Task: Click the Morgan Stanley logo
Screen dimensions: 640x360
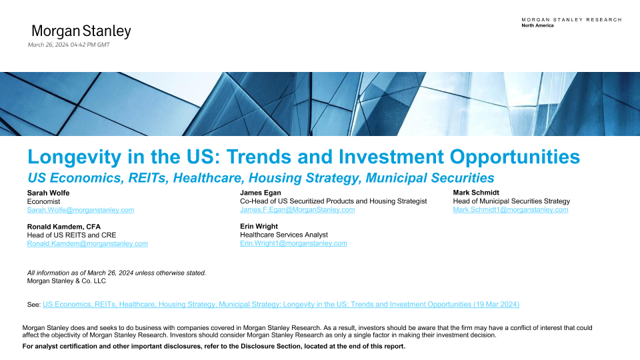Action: pyautogui.click(x=81, y=31)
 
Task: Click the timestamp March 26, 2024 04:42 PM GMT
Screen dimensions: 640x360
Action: pyautogui.click(x=69, y=45)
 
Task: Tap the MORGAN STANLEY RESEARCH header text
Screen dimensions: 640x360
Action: pyautogui.click(x=571, y=19)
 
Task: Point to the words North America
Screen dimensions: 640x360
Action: pyautogui.click(x=537, y=25)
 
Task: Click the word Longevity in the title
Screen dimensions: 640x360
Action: pyautogui.click(x=74, y=157)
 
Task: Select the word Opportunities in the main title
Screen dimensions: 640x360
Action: pyautogui.click(x=515, y=157)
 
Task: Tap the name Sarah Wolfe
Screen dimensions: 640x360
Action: pyautogui.click(x=48, y=193)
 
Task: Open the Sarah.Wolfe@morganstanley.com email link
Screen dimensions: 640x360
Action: pyautogui.click(x=81, y=210)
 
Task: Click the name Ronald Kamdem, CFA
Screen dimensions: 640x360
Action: pyautogui.click(x=64, y=227)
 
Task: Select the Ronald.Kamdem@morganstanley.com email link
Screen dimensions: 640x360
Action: pyautogui.click(x=87, y=244)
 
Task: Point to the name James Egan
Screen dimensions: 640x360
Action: pyautogui.click(x=261, y=193)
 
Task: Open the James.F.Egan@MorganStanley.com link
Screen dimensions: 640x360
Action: pyautogui.click(x=297, y=210)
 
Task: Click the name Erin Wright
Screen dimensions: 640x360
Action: pyautogui.click(x=259, y=227)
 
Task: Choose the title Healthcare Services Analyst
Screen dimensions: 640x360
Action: pyautogui.click(x=284, y=235)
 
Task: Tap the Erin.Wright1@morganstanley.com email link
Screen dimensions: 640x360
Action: pyautogui.click(x=293, y=243)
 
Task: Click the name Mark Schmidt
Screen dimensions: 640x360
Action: pyautogui.click(x=476, y=193)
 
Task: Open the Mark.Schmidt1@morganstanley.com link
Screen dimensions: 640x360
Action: pyautogui.click(x=510, y=210)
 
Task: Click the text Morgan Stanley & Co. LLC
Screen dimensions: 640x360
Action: pyautogui.click(x=66, y=281)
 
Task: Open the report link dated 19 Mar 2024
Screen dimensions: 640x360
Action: pyautogui.click(x=281, y=305)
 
